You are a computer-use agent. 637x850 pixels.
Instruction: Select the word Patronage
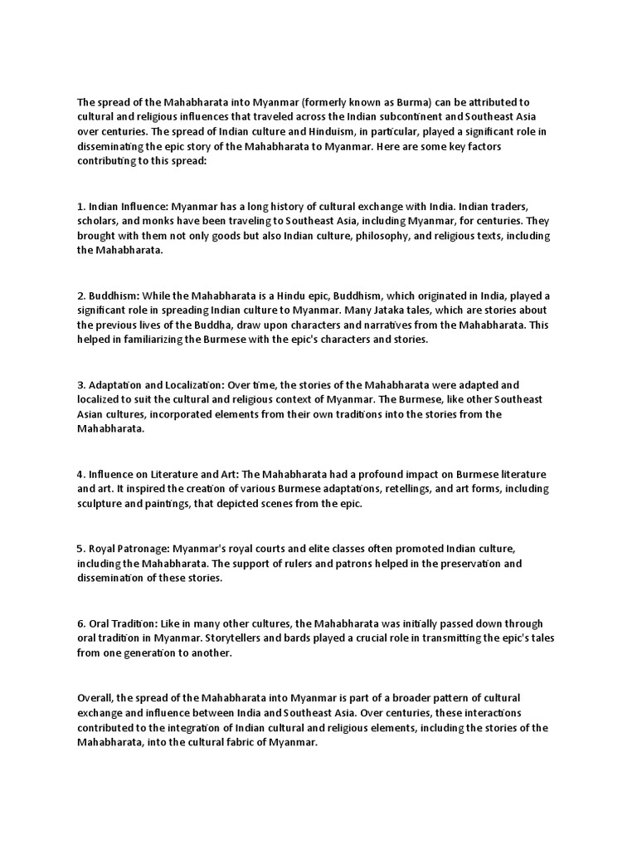(x=148, y=549)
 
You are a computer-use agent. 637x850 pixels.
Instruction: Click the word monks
(x=161, y=220)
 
